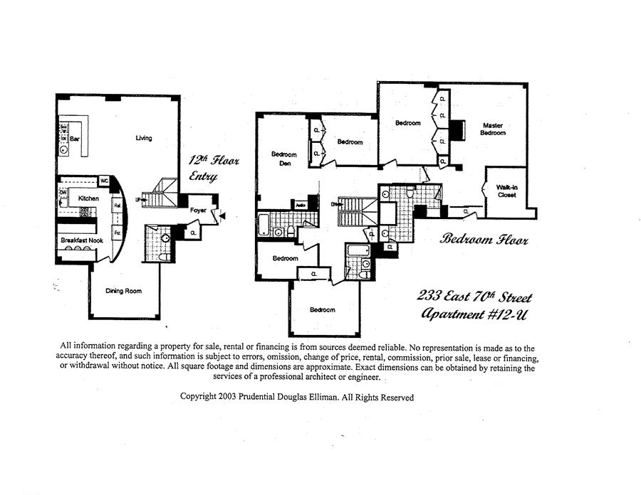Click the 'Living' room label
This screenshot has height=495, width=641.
tap(144, 138)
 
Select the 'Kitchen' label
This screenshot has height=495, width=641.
tap(88, 198)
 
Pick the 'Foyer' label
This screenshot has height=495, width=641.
tap(198, 211)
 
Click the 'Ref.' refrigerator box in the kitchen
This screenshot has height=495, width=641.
tap(118, 206)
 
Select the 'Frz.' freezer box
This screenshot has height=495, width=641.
tap(118, 233)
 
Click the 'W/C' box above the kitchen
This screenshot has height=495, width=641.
tap(103, 181)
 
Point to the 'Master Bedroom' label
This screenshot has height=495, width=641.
tap(493, 129)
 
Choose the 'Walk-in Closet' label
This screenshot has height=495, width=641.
tap(506, 190)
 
